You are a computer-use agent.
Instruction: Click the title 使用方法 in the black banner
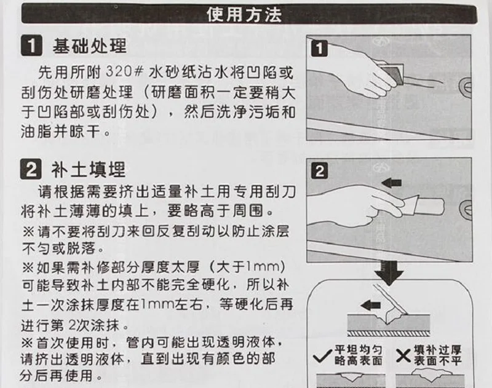click(244, 14)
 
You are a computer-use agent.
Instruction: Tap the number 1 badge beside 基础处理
click(31, 46)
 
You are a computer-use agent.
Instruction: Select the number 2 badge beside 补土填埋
click(31, 169)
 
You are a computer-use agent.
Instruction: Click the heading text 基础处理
click(89, 46)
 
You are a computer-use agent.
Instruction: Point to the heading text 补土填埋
click(89, 170)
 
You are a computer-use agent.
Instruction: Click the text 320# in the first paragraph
click(125, 71)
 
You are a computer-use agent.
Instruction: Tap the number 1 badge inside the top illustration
click(319, 49)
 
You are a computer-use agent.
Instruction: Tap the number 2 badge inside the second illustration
click(320, 171)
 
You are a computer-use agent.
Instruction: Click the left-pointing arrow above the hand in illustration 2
click(392, 182)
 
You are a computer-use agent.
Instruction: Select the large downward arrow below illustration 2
click(389, 273)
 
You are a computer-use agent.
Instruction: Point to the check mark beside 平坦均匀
click(322, 356)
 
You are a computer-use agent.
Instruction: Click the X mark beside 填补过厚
click(403, 355)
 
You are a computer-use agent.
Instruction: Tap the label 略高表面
click(359, 361)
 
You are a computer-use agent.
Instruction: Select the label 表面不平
click(438, 361)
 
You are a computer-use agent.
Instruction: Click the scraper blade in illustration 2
click(410, 205)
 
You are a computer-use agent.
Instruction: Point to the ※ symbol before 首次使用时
click(27, 342)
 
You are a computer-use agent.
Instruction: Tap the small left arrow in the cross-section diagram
click(371, 305)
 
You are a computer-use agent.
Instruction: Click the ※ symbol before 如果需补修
click(28, 267)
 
